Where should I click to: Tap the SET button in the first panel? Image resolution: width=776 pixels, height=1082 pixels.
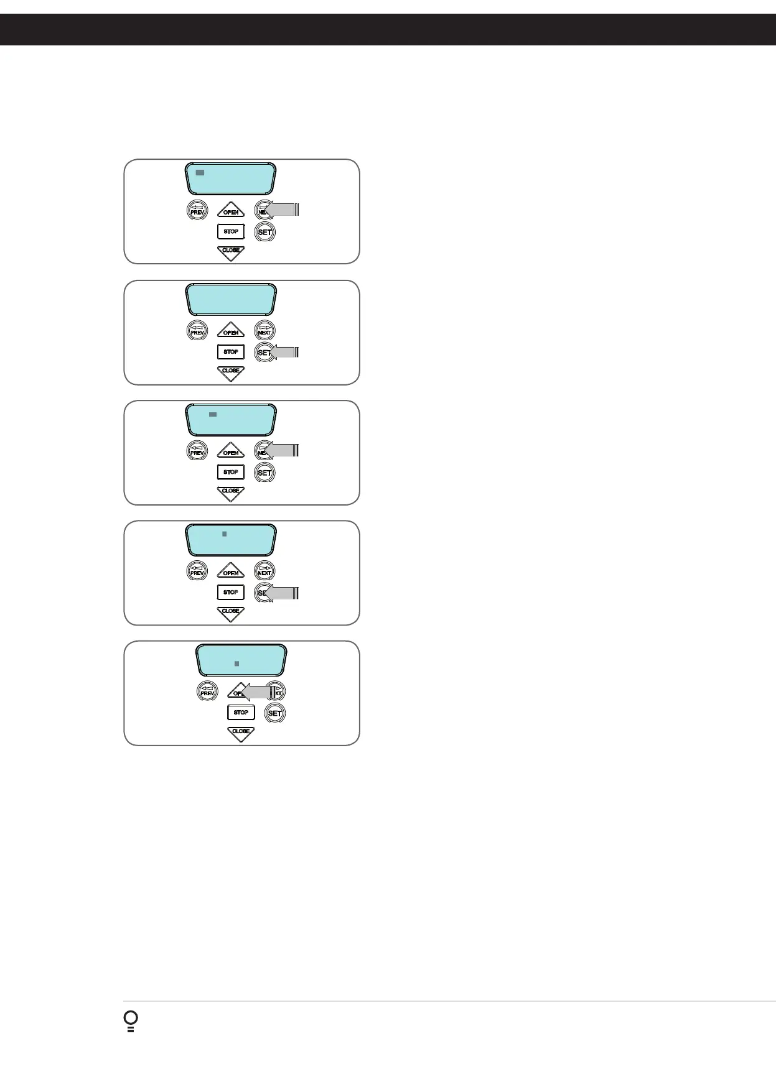coord(264,232)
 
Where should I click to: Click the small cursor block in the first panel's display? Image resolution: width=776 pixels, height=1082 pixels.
coord(200,172)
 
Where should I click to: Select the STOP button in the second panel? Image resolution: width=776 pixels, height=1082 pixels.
coord(231,352)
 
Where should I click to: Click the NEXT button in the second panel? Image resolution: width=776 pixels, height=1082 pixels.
coord(264,330)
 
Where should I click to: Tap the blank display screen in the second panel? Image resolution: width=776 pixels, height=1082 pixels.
coord(231,300)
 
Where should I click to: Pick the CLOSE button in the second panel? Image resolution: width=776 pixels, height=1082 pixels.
coord(231,372)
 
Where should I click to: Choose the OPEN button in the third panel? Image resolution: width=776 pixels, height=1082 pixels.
coord(231,451)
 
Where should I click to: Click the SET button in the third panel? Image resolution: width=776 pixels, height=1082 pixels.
coord(264,473)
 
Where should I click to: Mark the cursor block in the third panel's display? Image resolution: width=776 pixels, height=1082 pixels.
coord(213,414)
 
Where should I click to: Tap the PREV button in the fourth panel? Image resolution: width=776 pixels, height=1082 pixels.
coord(197,571)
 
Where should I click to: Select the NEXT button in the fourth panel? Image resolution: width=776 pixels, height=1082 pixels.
coord(264,571)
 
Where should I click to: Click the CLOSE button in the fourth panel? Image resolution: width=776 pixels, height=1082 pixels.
coord(231,613)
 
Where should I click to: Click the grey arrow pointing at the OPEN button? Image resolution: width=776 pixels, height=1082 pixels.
coord(256,691)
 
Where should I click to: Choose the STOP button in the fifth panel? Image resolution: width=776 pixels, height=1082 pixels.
coord(241,713)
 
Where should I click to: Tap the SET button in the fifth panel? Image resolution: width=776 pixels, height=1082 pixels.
coord(274,713)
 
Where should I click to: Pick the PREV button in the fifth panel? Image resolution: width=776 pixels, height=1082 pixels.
coord(207,691)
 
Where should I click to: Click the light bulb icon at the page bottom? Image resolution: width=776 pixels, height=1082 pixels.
coord(131,1021)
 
